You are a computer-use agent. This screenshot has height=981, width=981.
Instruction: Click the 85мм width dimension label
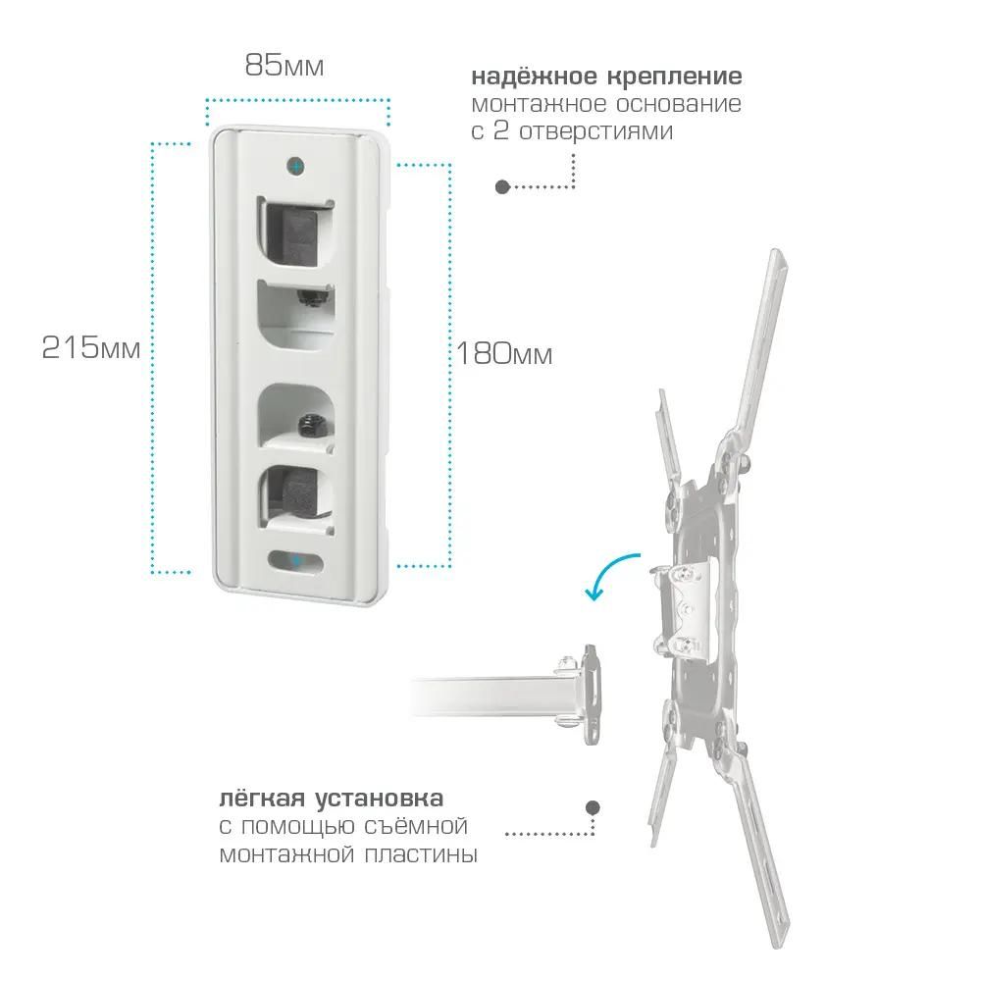(284, 65)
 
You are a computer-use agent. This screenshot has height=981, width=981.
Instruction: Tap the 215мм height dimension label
(91, 347)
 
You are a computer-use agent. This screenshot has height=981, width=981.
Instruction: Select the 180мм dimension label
(504, 354)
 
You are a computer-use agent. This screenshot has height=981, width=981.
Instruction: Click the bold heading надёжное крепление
(607, 77)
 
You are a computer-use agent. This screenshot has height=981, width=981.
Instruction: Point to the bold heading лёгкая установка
(331, 799)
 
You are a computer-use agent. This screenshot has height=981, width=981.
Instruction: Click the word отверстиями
(595, 131)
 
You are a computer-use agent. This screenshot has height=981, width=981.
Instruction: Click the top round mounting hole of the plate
(296, 167)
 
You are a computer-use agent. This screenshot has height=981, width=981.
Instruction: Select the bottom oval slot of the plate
(296, 560)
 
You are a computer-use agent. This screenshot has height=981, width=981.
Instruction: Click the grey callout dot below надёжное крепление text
(502, 186)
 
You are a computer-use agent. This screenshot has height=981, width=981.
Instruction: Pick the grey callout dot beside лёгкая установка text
(593, 807)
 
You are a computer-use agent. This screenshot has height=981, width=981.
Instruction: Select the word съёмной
(413, 826)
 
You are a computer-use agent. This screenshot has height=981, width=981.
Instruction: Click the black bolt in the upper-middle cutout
(310, 296)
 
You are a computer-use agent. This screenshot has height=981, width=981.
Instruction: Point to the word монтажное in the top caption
(538, 104)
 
